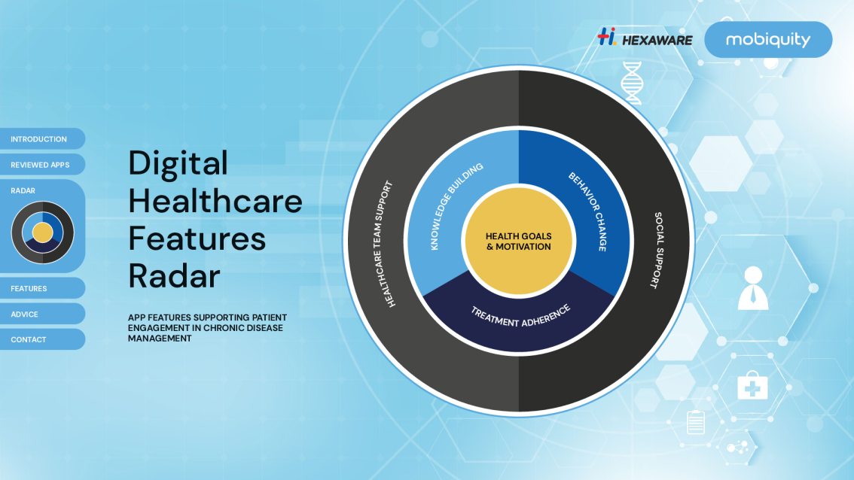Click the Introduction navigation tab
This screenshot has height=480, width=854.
[x=42, y=138]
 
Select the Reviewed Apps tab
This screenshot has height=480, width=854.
[x=42, y=164]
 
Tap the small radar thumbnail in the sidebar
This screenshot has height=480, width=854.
[x=42, y=232]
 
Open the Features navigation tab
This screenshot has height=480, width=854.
[x=42, y=288]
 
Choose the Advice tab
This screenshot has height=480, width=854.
[x=42, y=314]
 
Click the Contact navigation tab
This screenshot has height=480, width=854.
[x=42, y=339]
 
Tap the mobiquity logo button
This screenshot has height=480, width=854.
[x=768, y=39]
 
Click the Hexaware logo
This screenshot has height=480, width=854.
[x=645, y=38]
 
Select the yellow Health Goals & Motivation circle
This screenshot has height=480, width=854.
[x=518, y=241]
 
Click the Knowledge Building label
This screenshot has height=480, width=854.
[x=456, y=206]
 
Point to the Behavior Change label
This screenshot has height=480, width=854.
[x=588, y=211]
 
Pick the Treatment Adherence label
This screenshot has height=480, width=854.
[x=520, y=316]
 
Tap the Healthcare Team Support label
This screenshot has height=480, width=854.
[x=382, y=244]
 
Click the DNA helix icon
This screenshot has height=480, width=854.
[x=632, y=83]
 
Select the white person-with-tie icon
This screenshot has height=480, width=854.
[x=753, y=288]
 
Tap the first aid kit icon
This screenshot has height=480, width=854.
[x=752, y=385]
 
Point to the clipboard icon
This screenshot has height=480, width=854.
[x=696, y=422]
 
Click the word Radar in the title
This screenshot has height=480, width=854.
[x=174, y=275]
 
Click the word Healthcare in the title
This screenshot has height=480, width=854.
[x=215, y=201]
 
